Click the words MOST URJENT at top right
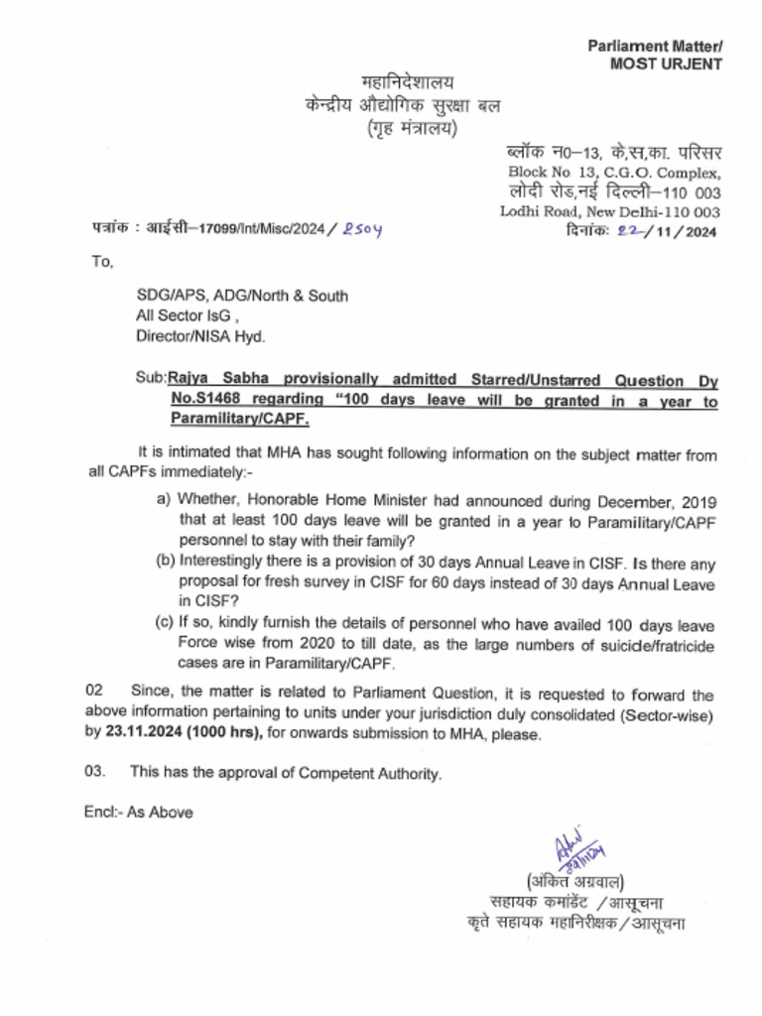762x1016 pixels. click(666, 63)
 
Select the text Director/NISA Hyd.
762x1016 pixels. click(200, 336)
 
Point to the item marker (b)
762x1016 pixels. click(166, 561)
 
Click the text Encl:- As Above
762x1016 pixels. click(138, 813)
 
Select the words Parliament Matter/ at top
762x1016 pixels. click(655, 46)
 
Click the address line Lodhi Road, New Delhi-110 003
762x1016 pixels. click(610, 211)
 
